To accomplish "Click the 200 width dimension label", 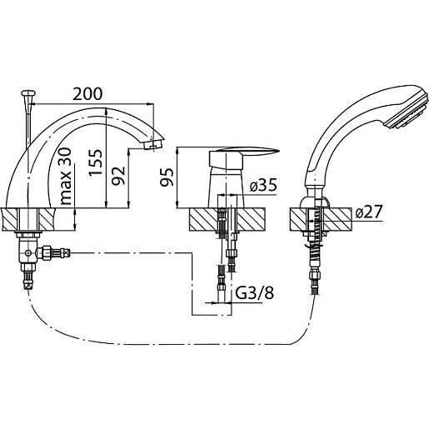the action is pos(87,94).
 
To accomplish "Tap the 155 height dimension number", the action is pos(96,162).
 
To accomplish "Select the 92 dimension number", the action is pos(118,176).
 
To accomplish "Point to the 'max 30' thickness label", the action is pos(66,176).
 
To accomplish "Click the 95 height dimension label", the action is pos(167,177).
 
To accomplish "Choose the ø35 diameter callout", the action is pos(263,185).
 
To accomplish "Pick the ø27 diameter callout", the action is pos(369,212).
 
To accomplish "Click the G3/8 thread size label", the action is pos(255,292).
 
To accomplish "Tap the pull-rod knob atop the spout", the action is pos(28,93).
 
